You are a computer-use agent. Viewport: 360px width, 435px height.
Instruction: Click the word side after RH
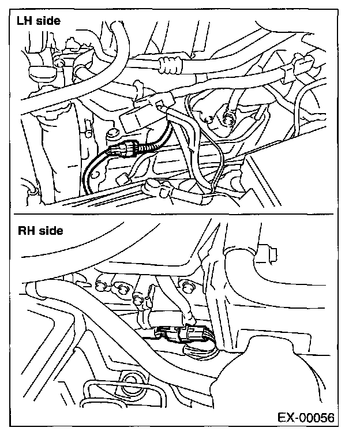(50, 231)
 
